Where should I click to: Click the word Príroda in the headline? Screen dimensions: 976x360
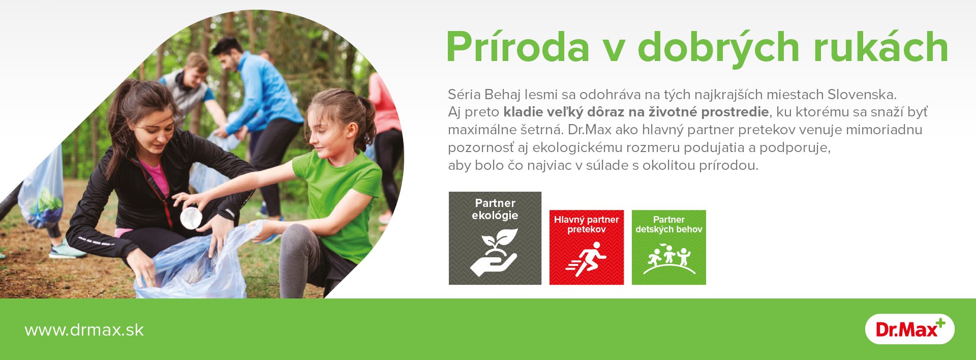pyautogui.click(x=517, y=47)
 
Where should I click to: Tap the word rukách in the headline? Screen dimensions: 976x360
pyautogui.click(x=881, y=47)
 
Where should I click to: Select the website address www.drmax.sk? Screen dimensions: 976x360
pyautogui.click(x=84, y=330)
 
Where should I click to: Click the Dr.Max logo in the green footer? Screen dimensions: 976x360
pyautogui.click(x=910, y=329)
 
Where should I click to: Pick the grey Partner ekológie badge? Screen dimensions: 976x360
pyautogui.click(x=495, y=238)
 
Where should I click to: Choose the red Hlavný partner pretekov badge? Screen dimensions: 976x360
pyautogui.click(x=587, y=247)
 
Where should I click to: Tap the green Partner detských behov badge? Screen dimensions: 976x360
pyautogui.click(x=669, y=247)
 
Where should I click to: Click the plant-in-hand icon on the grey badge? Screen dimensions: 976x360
pyautogui.click(x=494, y=252)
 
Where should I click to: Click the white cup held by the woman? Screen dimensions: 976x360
pyautogui.click(x=191, y=218)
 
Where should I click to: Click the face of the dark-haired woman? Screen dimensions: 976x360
pyautogui.click(x=155, y=130)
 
